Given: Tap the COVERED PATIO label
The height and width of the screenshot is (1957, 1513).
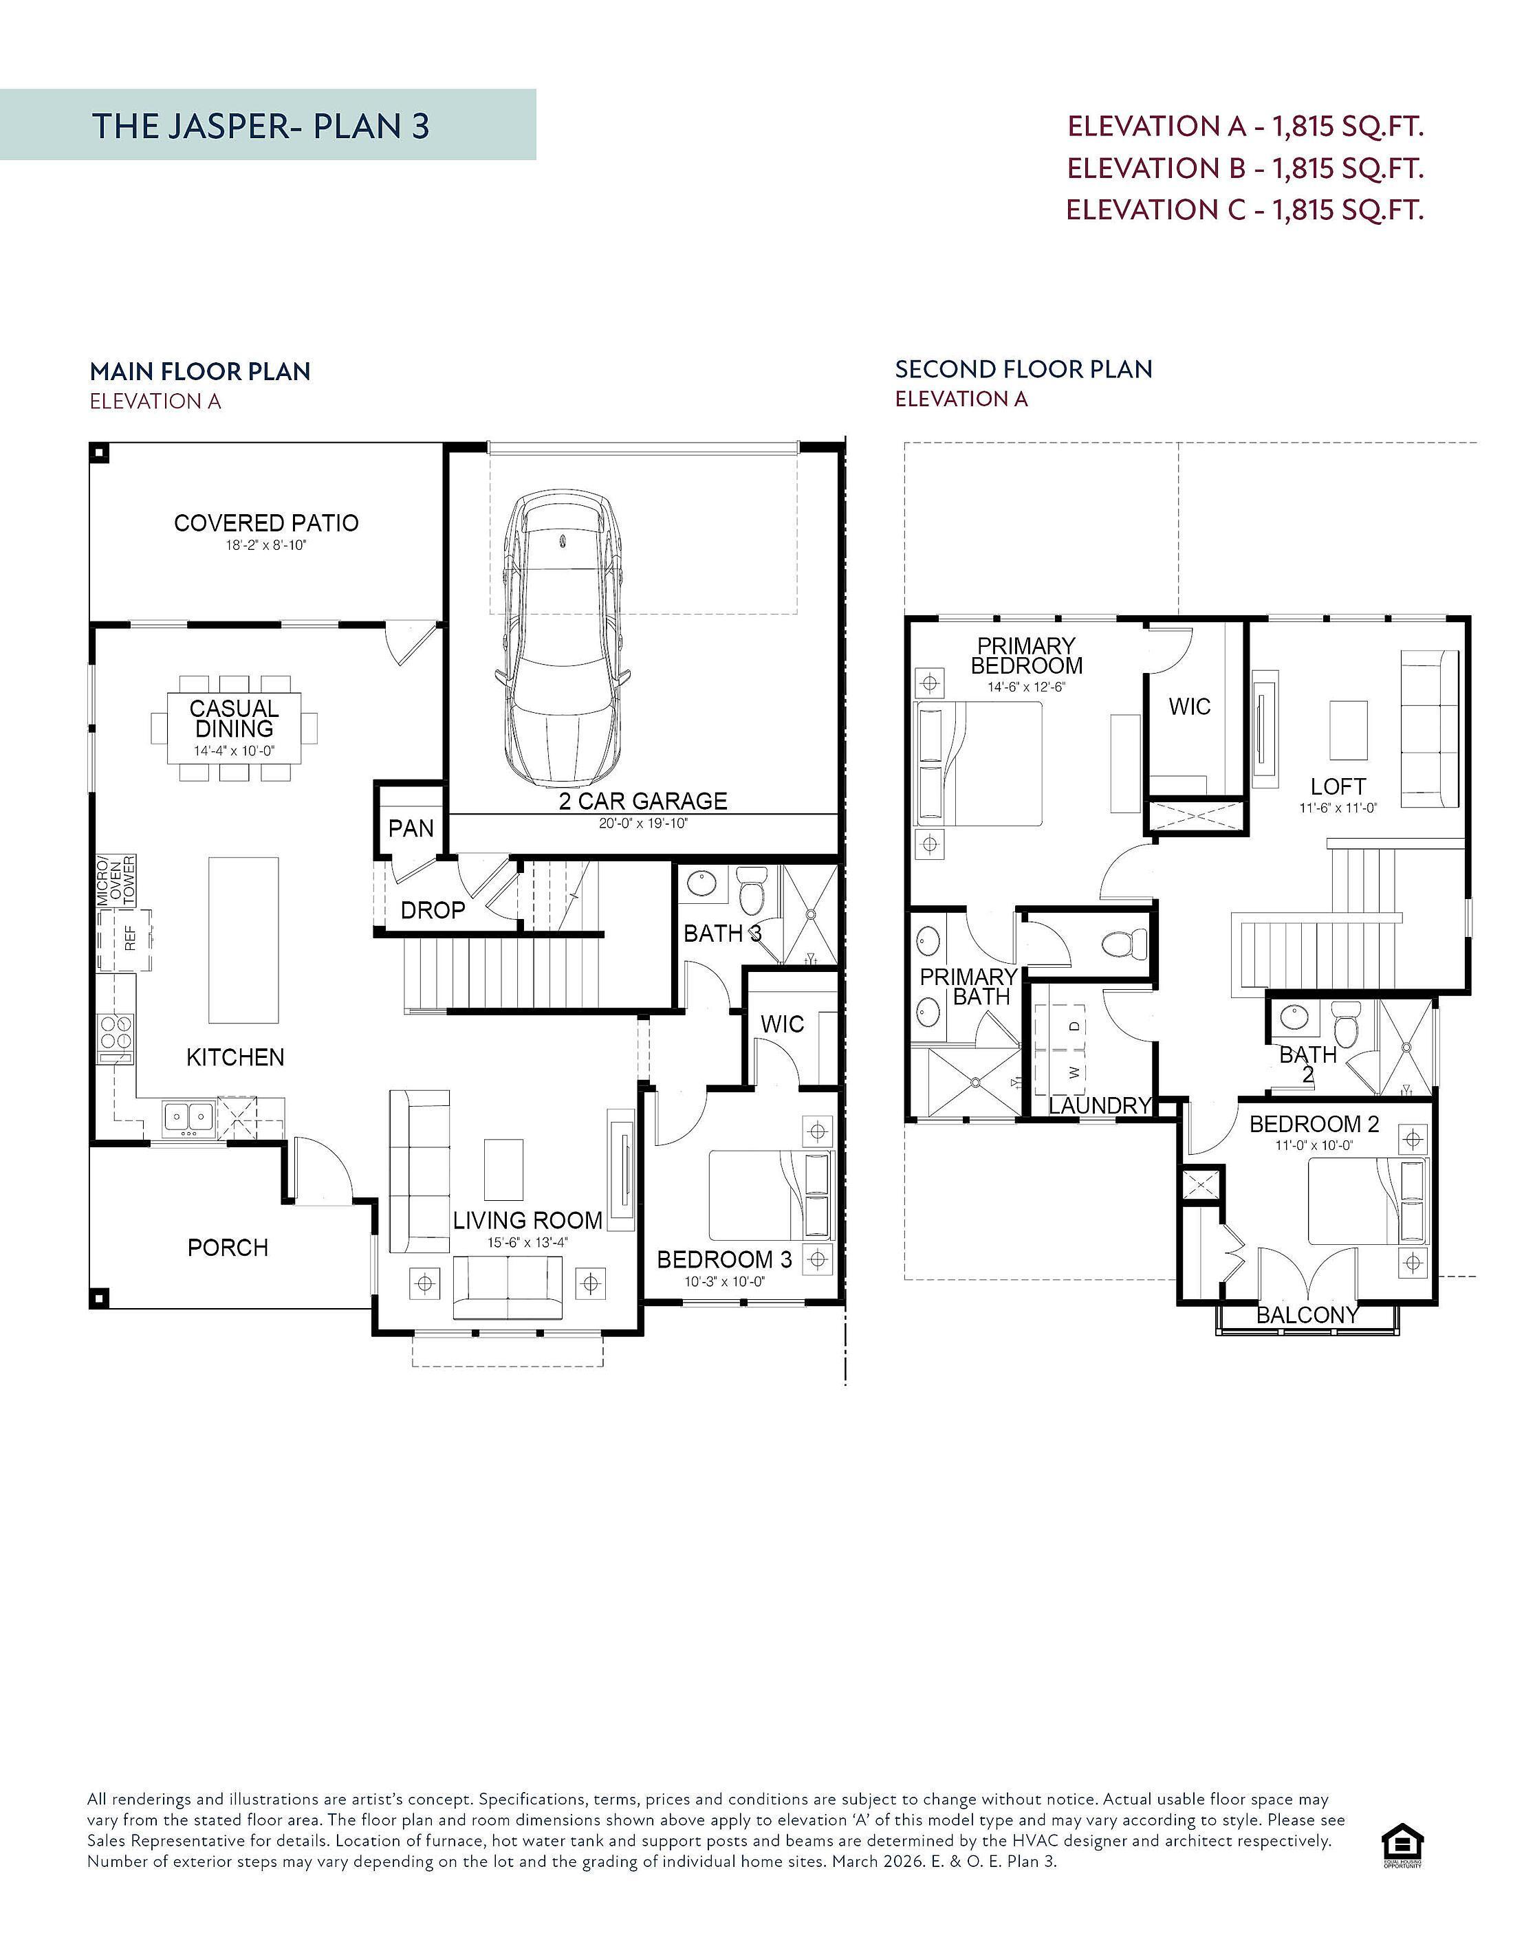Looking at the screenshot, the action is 266,522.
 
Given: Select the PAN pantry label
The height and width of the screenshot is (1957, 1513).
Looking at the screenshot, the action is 411,828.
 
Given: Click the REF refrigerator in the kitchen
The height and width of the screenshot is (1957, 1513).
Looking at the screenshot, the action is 124,940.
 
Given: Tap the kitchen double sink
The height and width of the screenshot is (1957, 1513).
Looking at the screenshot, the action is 188,1118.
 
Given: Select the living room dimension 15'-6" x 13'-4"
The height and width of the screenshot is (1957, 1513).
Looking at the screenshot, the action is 527,1242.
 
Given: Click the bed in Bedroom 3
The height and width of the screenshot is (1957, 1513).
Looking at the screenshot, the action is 771,1195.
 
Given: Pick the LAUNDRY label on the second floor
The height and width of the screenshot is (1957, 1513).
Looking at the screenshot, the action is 1100,1106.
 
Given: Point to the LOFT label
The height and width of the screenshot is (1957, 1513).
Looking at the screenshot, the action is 1338,787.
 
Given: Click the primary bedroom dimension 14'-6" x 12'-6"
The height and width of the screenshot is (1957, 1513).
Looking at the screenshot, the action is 1026,687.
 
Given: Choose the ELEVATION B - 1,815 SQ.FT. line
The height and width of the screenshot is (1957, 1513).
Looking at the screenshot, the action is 1245,168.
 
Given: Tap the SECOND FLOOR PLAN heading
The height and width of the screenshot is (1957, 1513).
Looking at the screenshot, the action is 1023,369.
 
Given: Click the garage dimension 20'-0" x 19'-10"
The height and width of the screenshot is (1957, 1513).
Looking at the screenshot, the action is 644,823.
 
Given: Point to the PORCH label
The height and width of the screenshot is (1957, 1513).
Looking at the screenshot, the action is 228,1248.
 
